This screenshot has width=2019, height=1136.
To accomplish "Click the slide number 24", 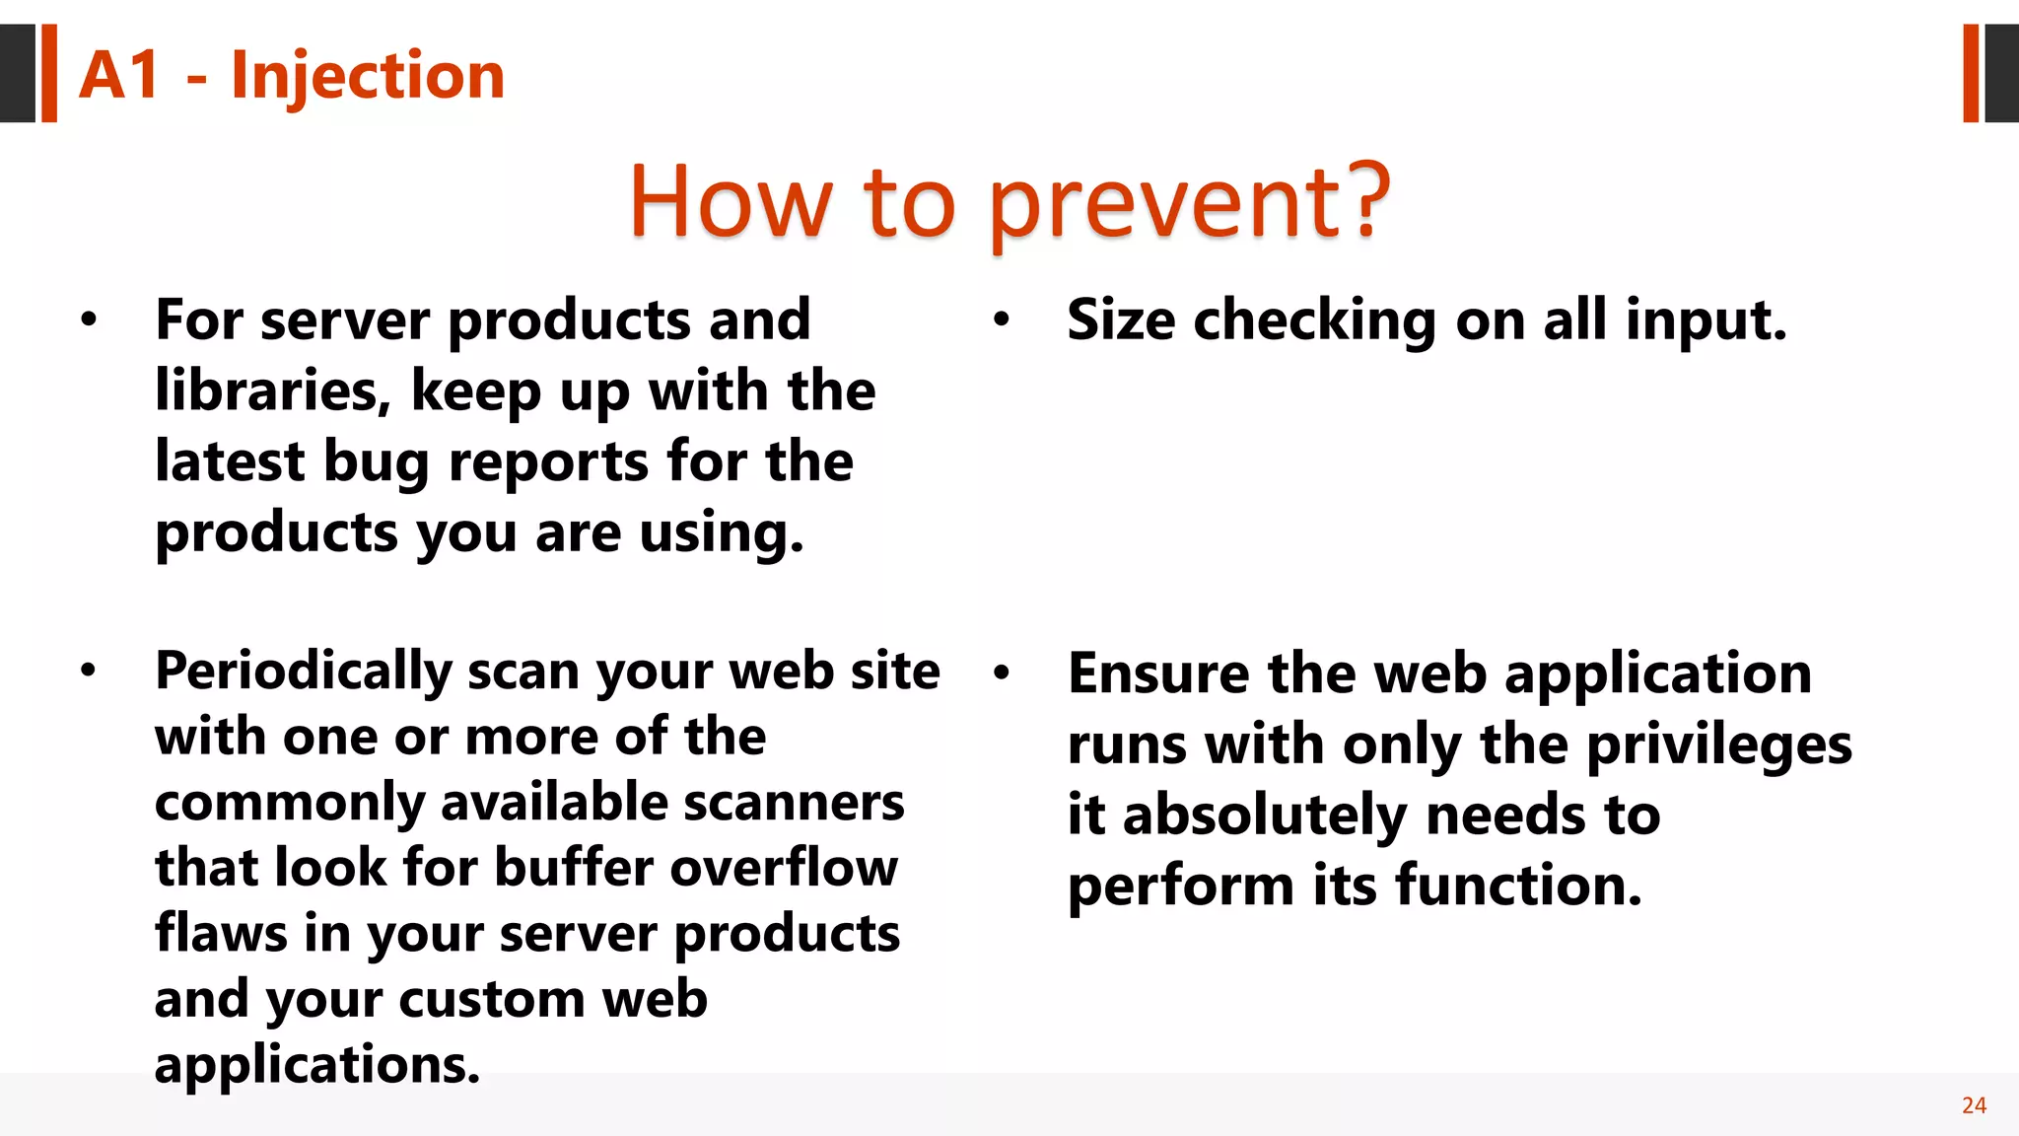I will point(1974,1105).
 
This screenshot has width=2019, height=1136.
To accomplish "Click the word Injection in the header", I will point(368,76).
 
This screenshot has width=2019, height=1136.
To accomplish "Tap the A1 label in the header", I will point(119,76).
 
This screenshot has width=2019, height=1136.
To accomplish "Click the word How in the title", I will point(731,202).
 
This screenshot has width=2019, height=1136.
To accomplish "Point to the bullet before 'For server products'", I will point(90,319).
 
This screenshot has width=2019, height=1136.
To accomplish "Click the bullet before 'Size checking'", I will point(1002,319).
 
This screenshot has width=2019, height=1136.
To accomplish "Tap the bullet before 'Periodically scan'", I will point(90,671).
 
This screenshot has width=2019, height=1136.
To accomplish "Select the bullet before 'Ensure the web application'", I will point(1002,673).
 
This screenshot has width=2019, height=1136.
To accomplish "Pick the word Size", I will point(1121,320).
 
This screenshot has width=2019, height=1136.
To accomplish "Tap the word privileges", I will point(1719,745).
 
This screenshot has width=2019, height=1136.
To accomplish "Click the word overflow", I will point(784,868).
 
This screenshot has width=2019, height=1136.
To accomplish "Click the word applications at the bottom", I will point(316,1064).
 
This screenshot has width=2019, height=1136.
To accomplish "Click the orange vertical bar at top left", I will point(49,73).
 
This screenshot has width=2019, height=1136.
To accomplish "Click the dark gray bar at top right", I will point(2001,73).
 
